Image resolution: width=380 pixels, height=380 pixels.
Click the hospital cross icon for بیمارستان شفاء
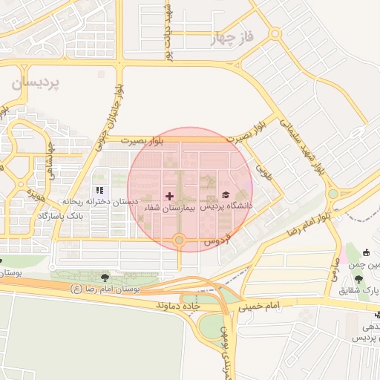coord(170,196)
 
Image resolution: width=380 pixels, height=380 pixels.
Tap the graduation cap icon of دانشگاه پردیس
coord(226,194)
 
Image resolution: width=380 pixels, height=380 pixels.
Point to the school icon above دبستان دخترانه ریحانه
coord(100,191)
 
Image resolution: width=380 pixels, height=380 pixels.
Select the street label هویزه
coord(36,197)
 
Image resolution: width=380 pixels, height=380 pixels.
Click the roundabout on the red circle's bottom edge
coord(179,240)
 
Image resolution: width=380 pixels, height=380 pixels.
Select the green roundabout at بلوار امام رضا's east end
coord(332,194)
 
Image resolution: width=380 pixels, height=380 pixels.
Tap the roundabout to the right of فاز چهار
coord(275,33)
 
